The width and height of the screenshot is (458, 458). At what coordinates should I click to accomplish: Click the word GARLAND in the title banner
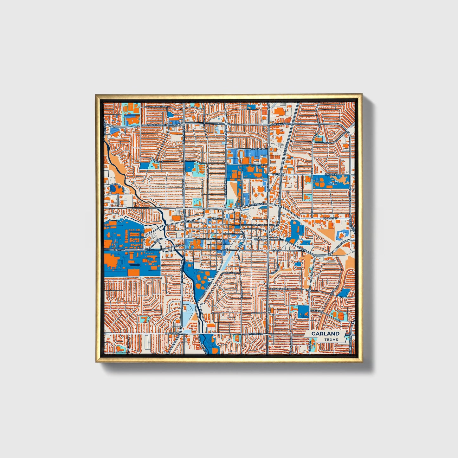(x=325, y=333)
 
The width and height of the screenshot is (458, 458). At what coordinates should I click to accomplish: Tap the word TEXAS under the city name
(x=331, y=339)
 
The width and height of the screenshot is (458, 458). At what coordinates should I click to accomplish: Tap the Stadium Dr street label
(x=258, y=148)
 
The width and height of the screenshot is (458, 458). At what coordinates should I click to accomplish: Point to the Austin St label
(x=213, y=219)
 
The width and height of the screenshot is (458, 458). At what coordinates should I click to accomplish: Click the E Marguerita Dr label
(x=281, y=289)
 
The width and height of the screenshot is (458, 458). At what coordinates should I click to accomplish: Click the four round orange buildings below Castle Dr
(x=321, y=181)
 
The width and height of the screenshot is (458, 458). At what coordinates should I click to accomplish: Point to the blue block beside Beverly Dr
(x=303, y=312)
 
